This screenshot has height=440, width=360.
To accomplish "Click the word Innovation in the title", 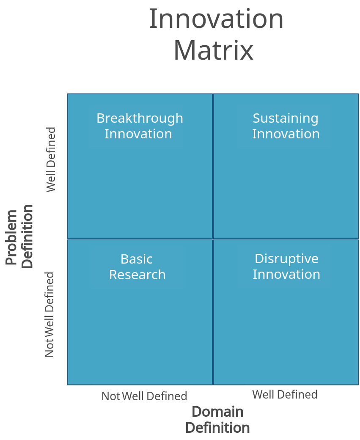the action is (x=216, y=19).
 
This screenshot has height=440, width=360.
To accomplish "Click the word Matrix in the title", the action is (x=214, y=50).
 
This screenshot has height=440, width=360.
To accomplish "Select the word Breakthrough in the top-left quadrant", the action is (x=140, y=118).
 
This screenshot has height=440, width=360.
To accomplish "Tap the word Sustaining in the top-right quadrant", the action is (x=286, y=118).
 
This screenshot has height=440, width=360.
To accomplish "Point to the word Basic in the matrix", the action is (x=137, y=259).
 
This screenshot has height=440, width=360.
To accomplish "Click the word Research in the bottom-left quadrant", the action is (x=137, y=275).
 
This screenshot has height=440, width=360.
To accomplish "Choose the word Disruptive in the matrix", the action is (x=286, y=258).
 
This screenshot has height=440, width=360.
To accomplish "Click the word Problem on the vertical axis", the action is (x=12, y=237).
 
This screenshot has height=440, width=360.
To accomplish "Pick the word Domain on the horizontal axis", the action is (x=218, y=411).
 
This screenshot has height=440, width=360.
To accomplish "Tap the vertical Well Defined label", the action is (x=51, y=160).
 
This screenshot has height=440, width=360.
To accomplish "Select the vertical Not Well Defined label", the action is (x=49, y=315).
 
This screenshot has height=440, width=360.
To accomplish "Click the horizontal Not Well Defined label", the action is (x=144, y=396).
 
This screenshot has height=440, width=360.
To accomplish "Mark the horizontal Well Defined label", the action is (x=285, y=395).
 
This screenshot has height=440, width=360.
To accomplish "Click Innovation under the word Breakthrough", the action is (x=138, y=134).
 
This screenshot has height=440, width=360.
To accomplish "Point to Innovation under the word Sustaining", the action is (x=286, y=134).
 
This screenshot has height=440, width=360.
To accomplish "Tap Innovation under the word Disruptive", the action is (x=286, y=274).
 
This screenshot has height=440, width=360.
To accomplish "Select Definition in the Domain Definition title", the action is (x=217, y=427).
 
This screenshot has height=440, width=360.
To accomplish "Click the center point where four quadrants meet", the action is (x=213, y=239).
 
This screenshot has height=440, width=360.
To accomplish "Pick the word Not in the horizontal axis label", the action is (x=111, y=396).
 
